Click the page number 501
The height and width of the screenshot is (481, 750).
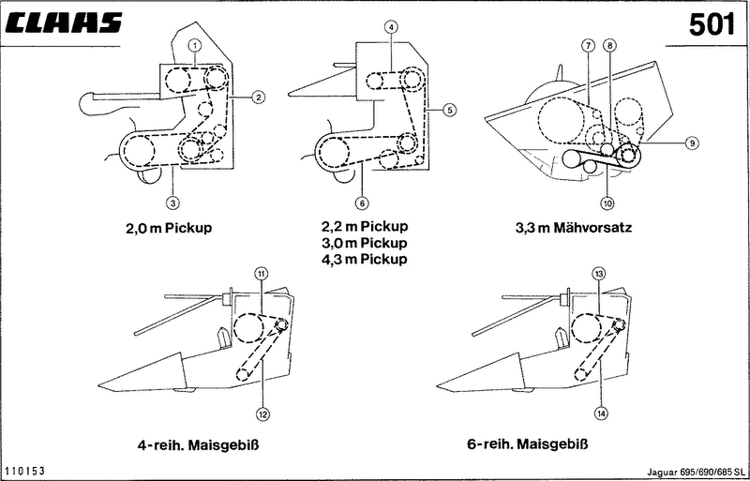click(712, 24)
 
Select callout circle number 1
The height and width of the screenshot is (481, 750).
click(194, 45)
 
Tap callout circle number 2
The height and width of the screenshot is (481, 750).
click(260, 95)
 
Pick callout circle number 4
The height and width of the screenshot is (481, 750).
click(391, 29)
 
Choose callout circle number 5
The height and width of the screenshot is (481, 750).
click(450, 111)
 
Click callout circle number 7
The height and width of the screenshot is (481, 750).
click(588, 45)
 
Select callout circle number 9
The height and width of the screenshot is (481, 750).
click(690, 143)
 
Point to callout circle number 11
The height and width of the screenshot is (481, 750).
click(262, 273)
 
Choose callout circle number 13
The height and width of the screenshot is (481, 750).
click(598, 273)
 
